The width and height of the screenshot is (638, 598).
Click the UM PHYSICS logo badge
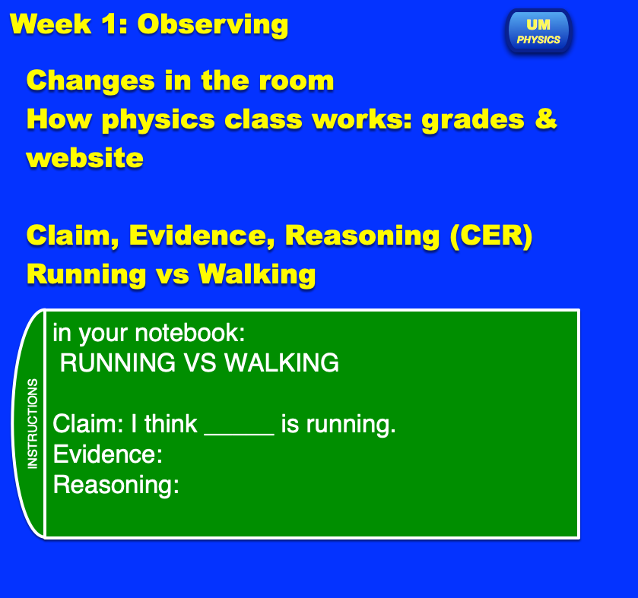click(x=538, y=31)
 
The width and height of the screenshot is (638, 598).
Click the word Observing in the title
click(x=213, y=25)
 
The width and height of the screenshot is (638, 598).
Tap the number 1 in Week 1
click(x=110, y=24)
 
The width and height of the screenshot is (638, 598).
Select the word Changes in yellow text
click(x=90, y=81)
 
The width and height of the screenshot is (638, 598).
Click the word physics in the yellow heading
click(x=158, y=121)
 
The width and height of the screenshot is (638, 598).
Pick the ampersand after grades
click(x=546, y=119)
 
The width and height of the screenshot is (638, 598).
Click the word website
click(x=85, y=158)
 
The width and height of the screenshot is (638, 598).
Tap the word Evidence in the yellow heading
click(x=202, y=236)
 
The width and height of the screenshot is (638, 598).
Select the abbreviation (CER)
click(x=491, y=236)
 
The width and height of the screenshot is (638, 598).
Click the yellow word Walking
click(x=257, y=274)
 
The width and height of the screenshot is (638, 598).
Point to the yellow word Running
click(x=86, y=274)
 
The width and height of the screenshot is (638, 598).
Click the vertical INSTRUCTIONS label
click(x=33, y=423)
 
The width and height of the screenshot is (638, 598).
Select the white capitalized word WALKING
click(x=281, y=362)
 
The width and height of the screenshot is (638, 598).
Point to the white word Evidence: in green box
click(x=108, y=454)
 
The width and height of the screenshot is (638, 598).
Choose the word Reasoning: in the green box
click(x=116, y=486)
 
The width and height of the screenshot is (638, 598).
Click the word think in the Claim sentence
click(x=171, y=424)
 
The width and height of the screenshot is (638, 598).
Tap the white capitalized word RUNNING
click(x=118, y=362)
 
